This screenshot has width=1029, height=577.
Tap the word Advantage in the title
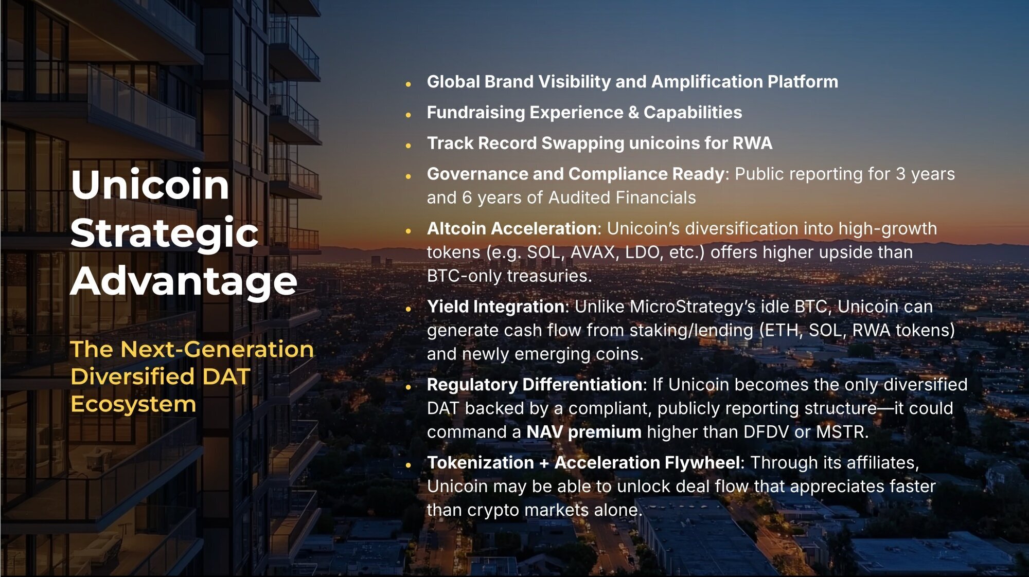click(184, 281)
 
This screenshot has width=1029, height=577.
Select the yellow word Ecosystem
click(133, 405)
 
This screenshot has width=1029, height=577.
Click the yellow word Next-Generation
click(217, 349)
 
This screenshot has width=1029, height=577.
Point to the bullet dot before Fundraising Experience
click(408, 115)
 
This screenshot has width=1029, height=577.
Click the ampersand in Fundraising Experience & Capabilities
click(633, 113)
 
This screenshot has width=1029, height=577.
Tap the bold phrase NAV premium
click(584, 432)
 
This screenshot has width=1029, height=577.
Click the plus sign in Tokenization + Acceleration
click(544, 463)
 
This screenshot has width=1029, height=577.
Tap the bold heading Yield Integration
click(496, 307)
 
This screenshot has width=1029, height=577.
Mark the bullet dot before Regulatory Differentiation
click(408, 387)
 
